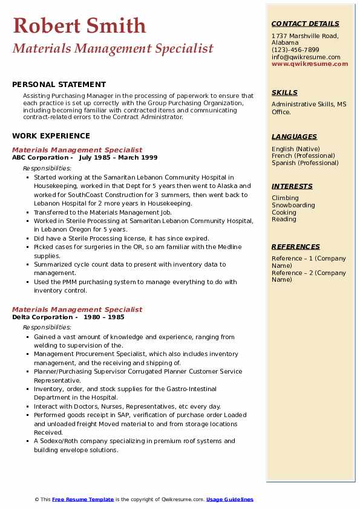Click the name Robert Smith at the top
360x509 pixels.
click(x=79, y=25)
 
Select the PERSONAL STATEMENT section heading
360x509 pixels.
click(x=59, y=85)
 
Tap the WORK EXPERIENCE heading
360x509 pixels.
click(x=51, y=137)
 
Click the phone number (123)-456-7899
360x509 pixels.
click(x=295, y=50)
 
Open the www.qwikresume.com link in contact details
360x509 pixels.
click(x=310, y=63)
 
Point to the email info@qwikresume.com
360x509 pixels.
click(x=306, y=57)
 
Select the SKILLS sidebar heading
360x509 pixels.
click(x=284, y=92)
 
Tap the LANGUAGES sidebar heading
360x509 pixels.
click(x=294, y=137)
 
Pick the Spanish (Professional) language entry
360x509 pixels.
click(x=305, y=163)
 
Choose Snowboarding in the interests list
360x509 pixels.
click(x=293, y=205)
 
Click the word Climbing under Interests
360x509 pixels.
click(x=285, y=198)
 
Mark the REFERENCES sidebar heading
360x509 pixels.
click(x=296, y=247)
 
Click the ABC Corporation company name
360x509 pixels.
click(x=39, y=157)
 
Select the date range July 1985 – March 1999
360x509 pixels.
click(x=118, y=157)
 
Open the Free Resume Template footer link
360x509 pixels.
click(x=83, y=499)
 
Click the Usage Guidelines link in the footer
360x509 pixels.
click(x=230, y=499)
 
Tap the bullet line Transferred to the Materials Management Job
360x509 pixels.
click(x=103, y=212)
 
